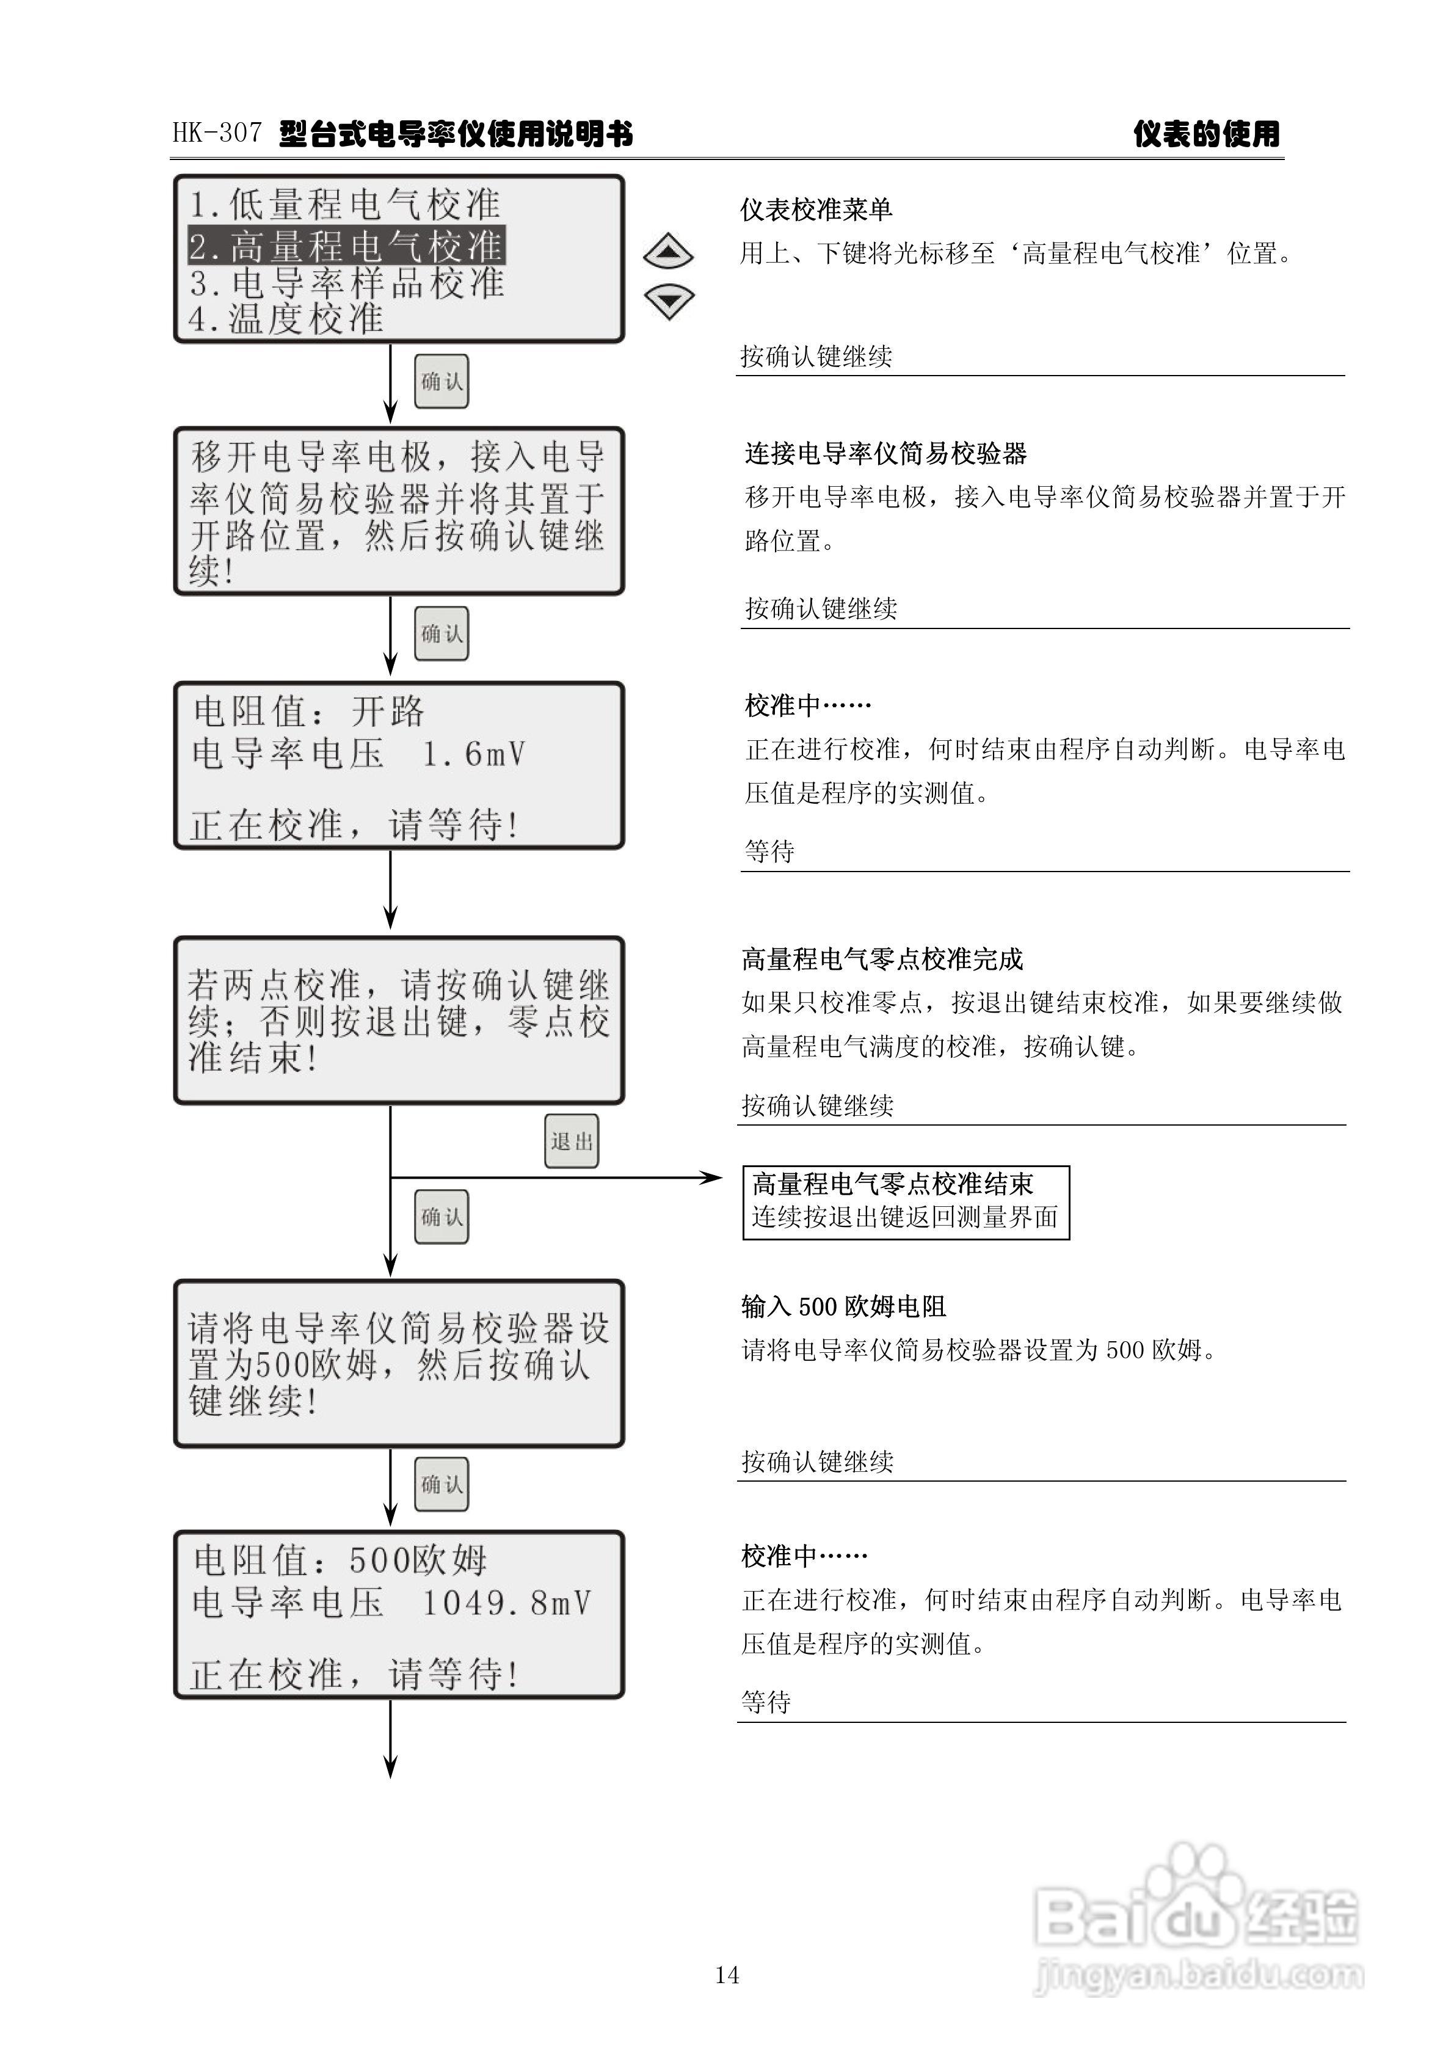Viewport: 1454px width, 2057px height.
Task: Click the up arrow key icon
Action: (668, 252)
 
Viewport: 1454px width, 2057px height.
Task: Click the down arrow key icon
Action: (668, 301)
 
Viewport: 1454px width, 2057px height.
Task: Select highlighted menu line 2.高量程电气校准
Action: (347, 244)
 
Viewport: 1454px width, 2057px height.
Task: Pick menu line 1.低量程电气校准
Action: (345, 204)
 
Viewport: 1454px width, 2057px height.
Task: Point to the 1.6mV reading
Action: (474, 754)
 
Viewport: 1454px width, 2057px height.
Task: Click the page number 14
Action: (727, 1975)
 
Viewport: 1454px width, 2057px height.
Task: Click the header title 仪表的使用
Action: (1206, 134)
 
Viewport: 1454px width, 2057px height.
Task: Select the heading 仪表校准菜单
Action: (815, 209)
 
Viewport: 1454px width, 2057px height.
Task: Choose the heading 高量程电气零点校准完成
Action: (882, 959)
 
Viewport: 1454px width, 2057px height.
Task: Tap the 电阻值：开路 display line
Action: (309, 712)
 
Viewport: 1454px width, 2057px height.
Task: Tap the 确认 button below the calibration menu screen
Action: (441, 382)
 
